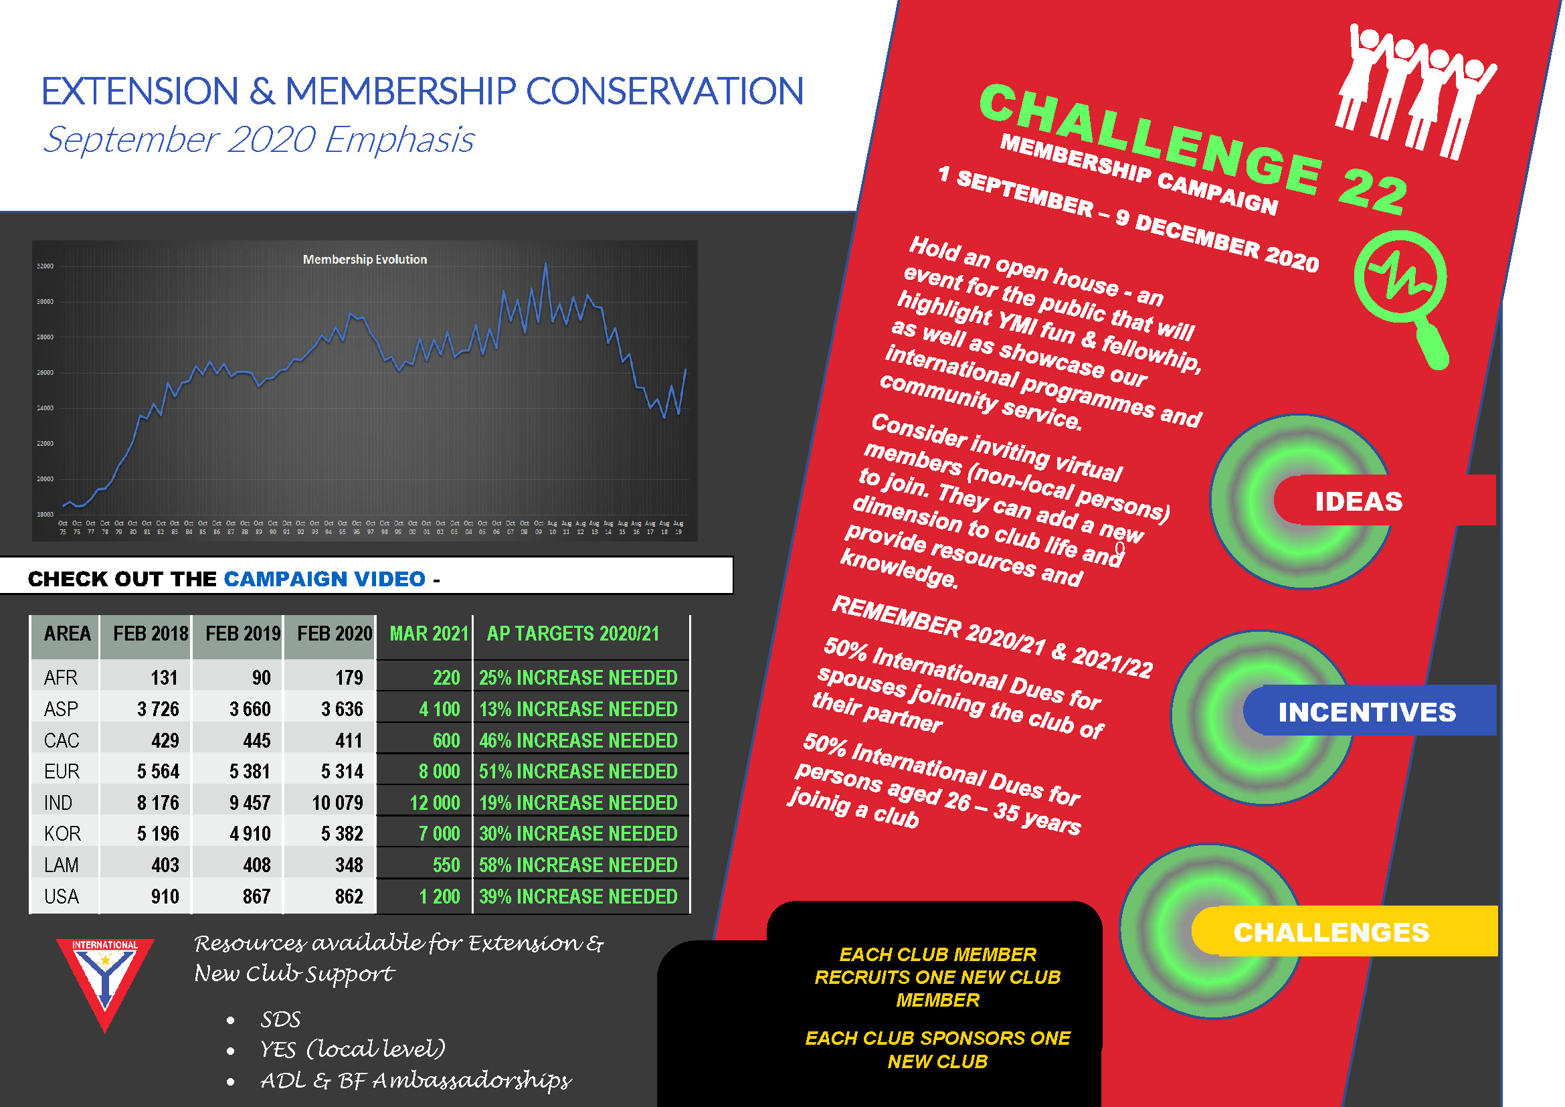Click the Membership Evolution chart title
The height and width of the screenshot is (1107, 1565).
pyautogui.click(x=365, y=260)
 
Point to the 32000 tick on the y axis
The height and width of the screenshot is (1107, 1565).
pyautogui.click(x=45, y=266)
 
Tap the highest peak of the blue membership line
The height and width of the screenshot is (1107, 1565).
pyautogui.click(x=545, y=264)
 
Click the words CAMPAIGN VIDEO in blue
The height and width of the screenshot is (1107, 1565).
pyautogui.click(x=325, y=580)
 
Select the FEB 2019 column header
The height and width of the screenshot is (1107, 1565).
pyautogui.click(x=243, y=634)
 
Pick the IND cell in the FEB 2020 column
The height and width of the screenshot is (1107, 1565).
pyautogui.click(x=337, y=803)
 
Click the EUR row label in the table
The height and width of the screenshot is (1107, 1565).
pyautogui.click(x=62, y=772)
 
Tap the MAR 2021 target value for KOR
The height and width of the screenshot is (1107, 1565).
pyautogui.click(x=439, y=834)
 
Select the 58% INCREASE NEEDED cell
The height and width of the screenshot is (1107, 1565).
pyautogui.click(x=578, y=865)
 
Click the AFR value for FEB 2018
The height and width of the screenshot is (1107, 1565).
pyautogui.click(x=163, y=677)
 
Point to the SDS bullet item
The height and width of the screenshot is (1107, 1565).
pyautogui.click(x=280, y=1020)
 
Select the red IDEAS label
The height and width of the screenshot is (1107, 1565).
pyautogui.click(x=1358, y=502)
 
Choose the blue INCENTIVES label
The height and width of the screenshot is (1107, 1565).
pyautogui.click(x=1367, y=712)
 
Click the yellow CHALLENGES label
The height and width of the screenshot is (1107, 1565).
pyautogui.click(x=1331, y=932)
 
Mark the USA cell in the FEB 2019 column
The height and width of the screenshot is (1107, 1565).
pyautogui.click(x=256, y=896)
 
